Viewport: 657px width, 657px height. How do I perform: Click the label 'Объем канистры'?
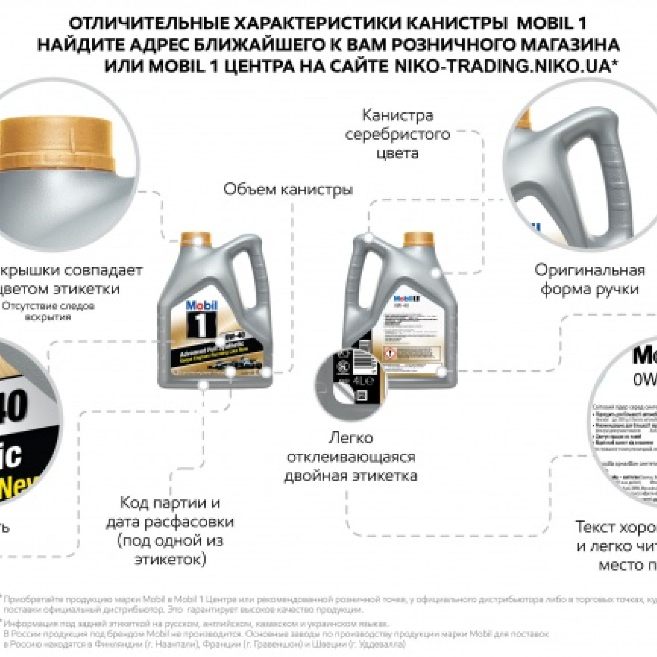(x=288, y=190)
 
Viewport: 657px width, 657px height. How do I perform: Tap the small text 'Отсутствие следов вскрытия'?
(x=48, y=311)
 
